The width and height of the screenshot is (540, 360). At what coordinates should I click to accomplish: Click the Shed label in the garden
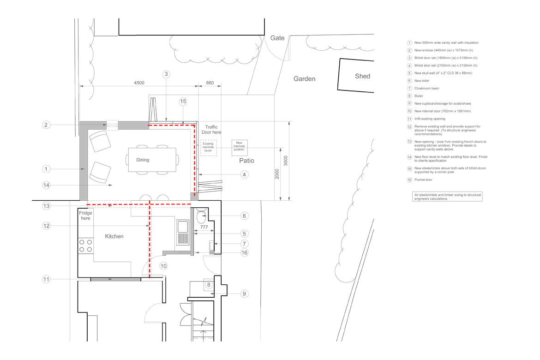pyautogui.click(x=362, y=76)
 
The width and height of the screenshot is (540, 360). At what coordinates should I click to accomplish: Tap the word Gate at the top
pyautogui.click(x=277, y=38)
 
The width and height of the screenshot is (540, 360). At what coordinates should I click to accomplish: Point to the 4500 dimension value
pyautogui.click(x=139, y=83)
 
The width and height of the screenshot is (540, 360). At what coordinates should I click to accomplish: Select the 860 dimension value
pyautogui.click(x=210, y=83)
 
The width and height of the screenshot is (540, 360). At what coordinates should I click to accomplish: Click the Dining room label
pyautogui.click(x=143, y=160)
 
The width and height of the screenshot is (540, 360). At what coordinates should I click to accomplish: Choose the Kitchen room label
pyautogui.click(x=114, y=236)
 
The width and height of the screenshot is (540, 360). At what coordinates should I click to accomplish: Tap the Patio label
pyautogui.click(x=246, y=161)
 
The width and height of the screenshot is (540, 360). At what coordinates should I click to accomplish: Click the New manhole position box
pyautogui.click(x=240, y=147)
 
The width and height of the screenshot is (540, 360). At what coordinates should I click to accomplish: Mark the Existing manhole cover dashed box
pyautogui.click(x=208, y=148)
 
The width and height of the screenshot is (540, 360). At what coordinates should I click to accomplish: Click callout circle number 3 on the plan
pyautogui.click(x=166, y=74)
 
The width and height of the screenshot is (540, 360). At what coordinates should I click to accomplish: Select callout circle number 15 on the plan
pyautogui.click(x=183, y=101)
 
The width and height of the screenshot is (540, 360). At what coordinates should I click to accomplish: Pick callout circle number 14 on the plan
pyautogui.click(x=46, y=186)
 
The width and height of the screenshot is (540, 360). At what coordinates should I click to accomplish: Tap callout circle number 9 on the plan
pyautogui.click(x=244, y=294)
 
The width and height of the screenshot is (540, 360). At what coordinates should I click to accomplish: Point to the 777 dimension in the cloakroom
pyautogui.click(x=204, y=227)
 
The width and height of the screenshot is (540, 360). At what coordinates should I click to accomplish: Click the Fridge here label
pyautogui.click(x=85, y=216)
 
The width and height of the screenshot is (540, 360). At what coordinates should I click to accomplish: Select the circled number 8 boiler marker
pyautogui.click(x=208, y=285)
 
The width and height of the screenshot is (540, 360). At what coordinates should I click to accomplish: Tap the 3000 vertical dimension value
pyautogui.click(x=286, y=161)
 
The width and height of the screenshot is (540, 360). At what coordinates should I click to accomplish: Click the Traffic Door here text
pyautogui.click(x=211, y=130)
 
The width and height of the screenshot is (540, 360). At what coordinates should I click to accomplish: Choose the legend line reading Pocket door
pyautogui.click(x=423, y=180)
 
